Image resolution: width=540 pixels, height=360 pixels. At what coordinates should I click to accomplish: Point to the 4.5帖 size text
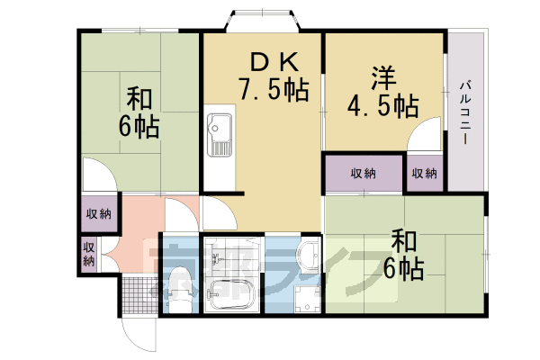click(382, 105)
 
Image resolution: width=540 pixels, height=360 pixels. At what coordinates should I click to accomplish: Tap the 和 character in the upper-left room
click(138, 97)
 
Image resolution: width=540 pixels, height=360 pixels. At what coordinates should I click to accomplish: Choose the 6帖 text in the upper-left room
click(138, 125)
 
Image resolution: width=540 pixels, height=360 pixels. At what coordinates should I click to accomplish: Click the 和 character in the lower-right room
click(402, 240)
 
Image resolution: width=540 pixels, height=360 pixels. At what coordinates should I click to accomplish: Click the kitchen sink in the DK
click(219, 135)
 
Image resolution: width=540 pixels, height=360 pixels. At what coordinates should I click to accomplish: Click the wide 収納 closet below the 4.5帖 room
click(363, 173)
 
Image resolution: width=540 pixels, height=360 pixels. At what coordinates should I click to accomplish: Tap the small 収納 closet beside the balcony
click(425, 173)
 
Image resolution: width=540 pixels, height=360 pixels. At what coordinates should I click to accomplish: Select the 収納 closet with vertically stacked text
click(88, 254)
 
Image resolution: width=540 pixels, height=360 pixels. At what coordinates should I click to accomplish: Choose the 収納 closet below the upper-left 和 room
click(97, 213)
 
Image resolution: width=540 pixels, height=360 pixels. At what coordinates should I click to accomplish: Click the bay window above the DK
click(261, 20)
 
